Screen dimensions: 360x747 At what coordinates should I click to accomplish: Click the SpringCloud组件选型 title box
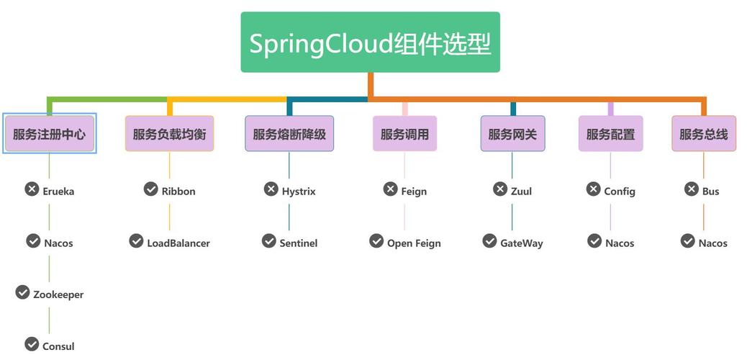coord(370,42)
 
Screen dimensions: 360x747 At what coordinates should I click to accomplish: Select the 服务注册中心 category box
coord(49,134)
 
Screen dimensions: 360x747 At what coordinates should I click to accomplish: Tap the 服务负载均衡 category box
coord(169,134)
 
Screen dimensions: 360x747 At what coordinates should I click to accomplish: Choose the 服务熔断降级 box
coord(289,134)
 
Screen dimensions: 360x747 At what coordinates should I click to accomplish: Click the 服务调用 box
coord(404,134)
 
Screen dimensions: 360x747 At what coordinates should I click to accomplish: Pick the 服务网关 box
coord(512,134)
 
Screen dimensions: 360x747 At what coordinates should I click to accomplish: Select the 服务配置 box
coord(610,134)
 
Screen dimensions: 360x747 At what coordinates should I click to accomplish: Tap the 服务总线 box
coord(704,134)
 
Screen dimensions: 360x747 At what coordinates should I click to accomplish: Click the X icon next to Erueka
coord(32,189)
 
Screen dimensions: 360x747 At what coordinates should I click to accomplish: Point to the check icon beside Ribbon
coord(150,189)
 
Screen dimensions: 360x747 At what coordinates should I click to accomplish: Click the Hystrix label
coord(299,192)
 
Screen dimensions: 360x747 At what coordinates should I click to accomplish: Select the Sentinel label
coord(299,243)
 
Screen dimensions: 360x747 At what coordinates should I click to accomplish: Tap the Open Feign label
coord(414,243)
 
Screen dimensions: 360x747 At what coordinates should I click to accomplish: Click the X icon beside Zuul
coord(500,189)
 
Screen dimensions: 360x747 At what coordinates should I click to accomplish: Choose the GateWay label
coord(522,243)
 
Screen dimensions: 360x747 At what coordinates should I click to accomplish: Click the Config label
coord(620,192)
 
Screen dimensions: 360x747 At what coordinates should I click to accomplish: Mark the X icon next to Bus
coord(691,189)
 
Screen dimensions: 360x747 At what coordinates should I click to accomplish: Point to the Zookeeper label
coord(58,294)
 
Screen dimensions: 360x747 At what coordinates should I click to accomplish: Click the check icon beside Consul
coord(32,344)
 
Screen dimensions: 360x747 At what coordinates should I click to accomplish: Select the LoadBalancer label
coord(178,243)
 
